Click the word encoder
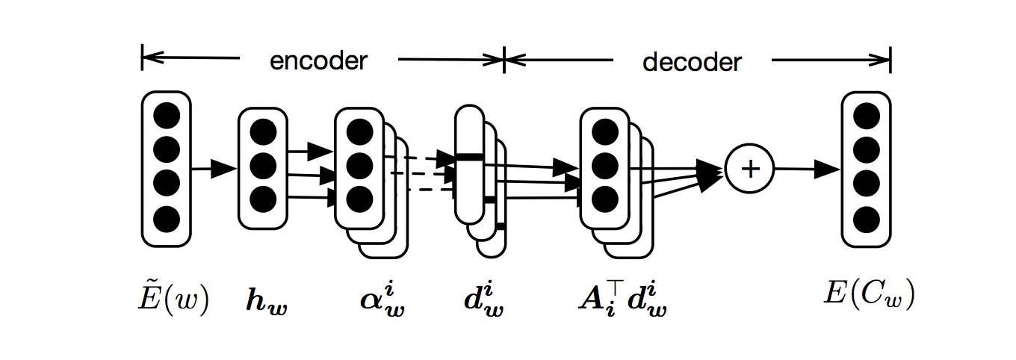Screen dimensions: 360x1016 (x=319, y=60)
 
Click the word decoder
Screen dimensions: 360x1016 (x=692, y=61)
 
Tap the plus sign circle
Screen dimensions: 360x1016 (x=749, y=169)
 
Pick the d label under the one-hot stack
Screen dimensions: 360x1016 (x=483, y=300)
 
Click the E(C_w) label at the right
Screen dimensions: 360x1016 (x=869, y=297)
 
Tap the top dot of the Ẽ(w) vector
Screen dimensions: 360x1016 (x=167, y=117)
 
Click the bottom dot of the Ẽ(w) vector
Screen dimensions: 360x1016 (x=167, y=219)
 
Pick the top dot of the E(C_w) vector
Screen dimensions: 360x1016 (x=867, y=117)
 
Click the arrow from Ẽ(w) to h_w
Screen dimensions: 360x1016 (x=214, y=169)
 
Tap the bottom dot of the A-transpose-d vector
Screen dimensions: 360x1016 (x=604, y=199)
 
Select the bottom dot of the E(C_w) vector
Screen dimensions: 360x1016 (x=867, y=219)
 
